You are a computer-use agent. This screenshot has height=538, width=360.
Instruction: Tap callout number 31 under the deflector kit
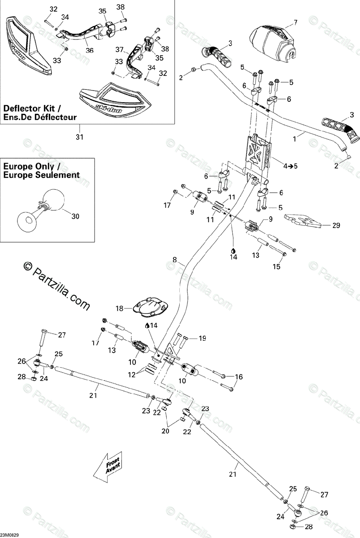(79, 137)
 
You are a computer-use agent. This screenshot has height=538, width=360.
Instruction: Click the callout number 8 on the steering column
(175, 260)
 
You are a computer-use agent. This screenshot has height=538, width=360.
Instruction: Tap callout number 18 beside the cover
(119, 308)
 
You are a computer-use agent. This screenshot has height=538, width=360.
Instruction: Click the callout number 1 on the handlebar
(295, 139)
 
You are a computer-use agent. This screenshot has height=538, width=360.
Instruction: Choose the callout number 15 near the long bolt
(277, 267)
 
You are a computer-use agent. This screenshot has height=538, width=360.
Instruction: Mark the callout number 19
(202, 338)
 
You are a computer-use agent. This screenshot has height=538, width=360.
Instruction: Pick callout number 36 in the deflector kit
(90, 50)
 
